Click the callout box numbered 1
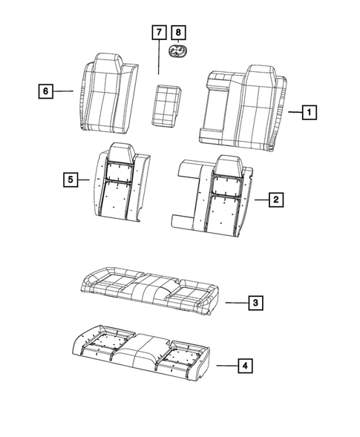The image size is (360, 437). pos(310,113)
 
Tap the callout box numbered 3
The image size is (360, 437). pos(254,303)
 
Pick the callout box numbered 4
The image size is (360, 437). pos(243,365)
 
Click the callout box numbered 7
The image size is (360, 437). pos(159,33)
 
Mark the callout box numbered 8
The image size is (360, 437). pos(178,33)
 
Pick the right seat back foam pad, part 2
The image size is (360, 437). pos(219,197)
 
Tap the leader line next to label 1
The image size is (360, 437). pos(293,113)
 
